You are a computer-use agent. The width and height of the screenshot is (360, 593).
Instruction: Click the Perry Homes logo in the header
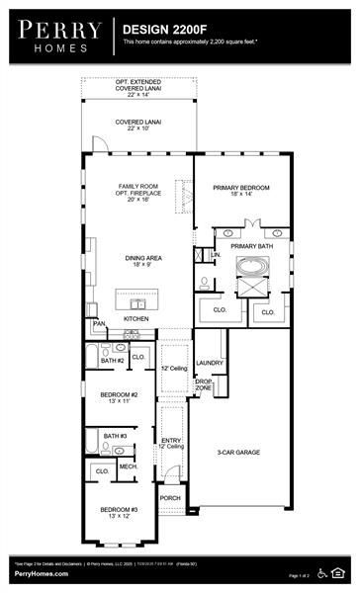pyautogui.click(x=55, y=35)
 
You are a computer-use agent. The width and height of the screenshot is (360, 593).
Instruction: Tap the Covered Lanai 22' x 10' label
pyautogui.click(x=137, y=126)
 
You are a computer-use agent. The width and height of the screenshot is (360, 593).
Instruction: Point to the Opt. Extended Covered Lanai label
pyautogui.click(x=137, y=87)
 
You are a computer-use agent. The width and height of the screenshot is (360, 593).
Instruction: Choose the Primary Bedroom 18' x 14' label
pyautogui.click(x=242, y=190)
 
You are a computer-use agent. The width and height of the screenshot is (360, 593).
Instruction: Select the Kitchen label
pyautogui.click(x=135, y=319)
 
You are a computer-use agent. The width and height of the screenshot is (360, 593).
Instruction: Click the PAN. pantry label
pyautogui.click(x=99, y=323)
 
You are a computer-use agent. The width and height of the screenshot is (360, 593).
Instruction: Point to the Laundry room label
pyautogui.click(x=209, y=363)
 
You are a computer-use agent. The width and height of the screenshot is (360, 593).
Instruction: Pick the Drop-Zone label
pyautogui.click(x=204, y=383)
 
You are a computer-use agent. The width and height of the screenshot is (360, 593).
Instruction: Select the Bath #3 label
pyautogui.click(x=116, y=436)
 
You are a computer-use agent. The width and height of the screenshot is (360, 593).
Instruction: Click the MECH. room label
pyautogui.click(x=128, y=466)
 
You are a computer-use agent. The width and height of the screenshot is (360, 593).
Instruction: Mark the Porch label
pyautogui.click(x=170, y=497)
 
